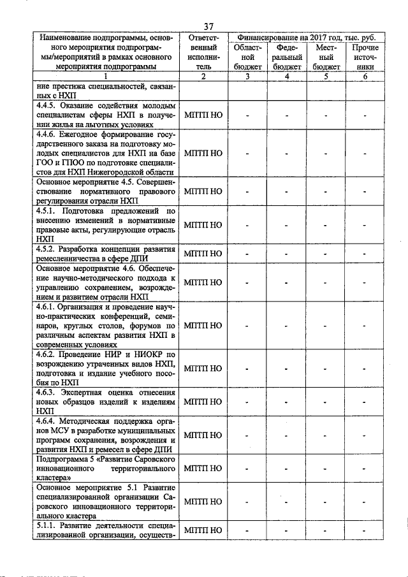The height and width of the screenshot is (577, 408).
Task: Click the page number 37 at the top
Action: [208, 26]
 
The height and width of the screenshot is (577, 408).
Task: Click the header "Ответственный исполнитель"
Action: [203, 52]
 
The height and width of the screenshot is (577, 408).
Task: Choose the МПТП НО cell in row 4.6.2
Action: [203, 369]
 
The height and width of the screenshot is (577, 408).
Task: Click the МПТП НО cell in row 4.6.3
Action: [203, 402]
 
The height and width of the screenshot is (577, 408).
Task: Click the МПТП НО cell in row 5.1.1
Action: [203, 530]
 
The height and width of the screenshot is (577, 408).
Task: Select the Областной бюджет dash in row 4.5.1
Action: [248, 225]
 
